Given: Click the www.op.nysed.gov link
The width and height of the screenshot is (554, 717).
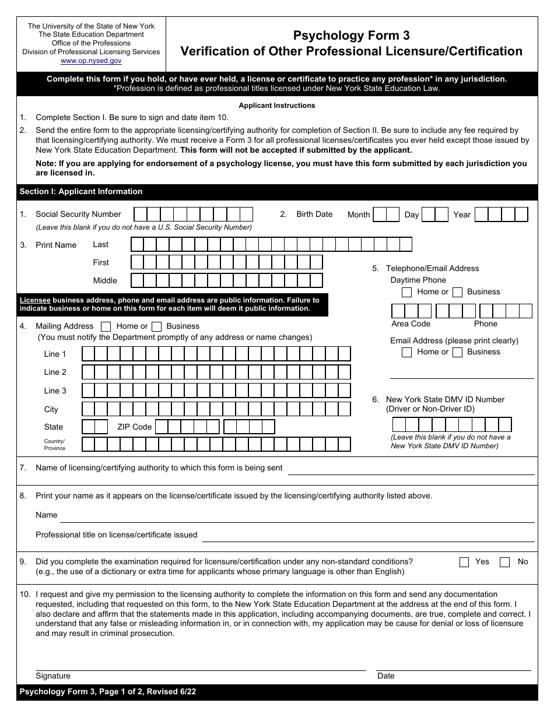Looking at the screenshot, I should point(91,61).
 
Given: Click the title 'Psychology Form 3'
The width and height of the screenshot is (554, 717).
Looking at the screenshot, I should point(351,36).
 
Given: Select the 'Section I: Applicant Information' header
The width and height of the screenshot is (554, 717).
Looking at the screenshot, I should point(81,191).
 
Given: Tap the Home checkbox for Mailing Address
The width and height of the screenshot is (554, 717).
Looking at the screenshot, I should point(106,326).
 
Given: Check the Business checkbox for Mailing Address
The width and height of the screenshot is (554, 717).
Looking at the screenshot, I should point(156,326).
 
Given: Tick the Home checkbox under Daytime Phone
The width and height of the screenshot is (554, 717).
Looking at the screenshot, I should point(407,292).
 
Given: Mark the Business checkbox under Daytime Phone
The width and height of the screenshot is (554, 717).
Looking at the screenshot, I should point(458,292).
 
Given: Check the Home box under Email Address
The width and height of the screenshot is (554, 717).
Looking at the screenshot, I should point(407,352).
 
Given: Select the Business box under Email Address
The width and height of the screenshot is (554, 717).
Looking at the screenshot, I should point(458,352).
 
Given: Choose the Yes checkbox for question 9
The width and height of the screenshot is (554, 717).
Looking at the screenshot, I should point(464,562).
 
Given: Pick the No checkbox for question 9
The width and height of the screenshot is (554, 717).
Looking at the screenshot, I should point(505,562).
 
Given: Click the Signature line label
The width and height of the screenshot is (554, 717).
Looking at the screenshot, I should point(53,676).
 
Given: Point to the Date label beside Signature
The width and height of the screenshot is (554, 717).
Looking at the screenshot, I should point(385,676).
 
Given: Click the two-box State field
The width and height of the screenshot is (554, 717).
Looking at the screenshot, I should point(95,427).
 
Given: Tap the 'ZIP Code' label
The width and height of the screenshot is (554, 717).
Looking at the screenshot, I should point(134,427).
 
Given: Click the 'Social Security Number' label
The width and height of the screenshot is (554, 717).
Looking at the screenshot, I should point(78,214).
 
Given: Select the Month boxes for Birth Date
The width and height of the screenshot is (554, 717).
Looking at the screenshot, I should point(386,215).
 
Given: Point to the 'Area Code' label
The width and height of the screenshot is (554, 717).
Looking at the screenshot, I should point(411,324).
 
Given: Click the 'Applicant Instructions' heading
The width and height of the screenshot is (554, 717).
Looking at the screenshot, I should point(277,106).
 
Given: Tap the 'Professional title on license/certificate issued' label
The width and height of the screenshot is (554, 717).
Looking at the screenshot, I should point(117,535).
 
